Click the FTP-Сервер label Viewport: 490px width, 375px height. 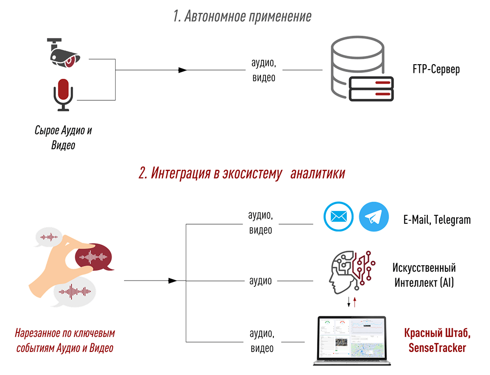click(436, 69)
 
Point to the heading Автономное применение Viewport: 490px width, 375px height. click(242, 17)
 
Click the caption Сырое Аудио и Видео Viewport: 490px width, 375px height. click(63, 138)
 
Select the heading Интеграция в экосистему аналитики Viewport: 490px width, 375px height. click(242, 173)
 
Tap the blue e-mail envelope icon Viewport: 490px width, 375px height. click(339, 217)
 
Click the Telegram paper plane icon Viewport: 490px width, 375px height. click(374, 217)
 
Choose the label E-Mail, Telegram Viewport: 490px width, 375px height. click(437, 220)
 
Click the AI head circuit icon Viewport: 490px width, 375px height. click(350, 271)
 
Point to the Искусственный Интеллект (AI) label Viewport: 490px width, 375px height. click(424, 275)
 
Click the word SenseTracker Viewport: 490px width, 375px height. click(437, 348)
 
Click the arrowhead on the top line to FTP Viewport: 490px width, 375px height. click(182, 70)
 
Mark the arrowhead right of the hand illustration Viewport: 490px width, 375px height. click(172, 281)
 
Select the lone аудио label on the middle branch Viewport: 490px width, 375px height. click(260, 281)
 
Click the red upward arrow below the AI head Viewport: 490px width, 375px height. click(354, 302)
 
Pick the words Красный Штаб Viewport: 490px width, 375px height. click(437, 334)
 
